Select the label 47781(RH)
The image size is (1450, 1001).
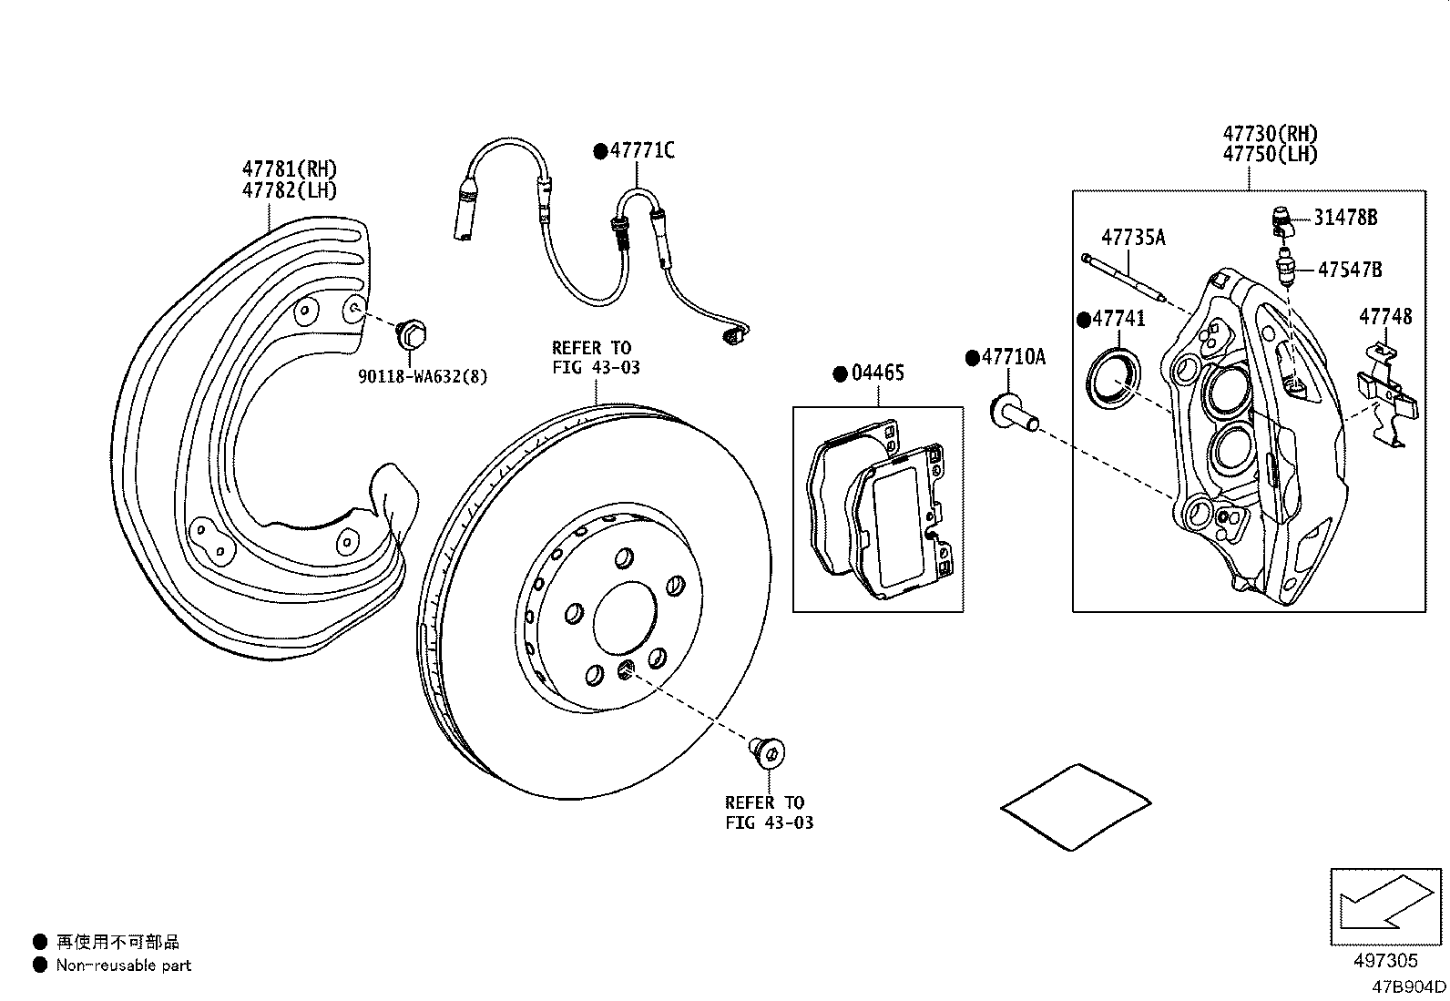289,169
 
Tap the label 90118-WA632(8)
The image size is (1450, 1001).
422,376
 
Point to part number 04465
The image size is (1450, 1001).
878,373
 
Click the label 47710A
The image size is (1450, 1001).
1013,357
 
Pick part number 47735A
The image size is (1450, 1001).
1133,238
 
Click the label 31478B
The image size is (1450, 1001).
1344,217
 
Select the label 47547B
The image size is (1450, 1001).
1350,270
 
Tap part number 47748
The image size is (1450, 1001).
1385,317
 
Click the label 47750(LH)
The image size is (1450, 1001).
1270,155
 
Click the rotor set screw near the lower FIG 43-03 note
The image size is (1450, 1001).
769,751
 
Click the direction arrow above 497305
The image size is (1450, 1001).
1384,908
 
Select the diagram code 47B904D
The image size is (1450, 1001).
1410,986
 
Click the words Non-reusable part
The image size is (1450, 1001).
124,965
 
